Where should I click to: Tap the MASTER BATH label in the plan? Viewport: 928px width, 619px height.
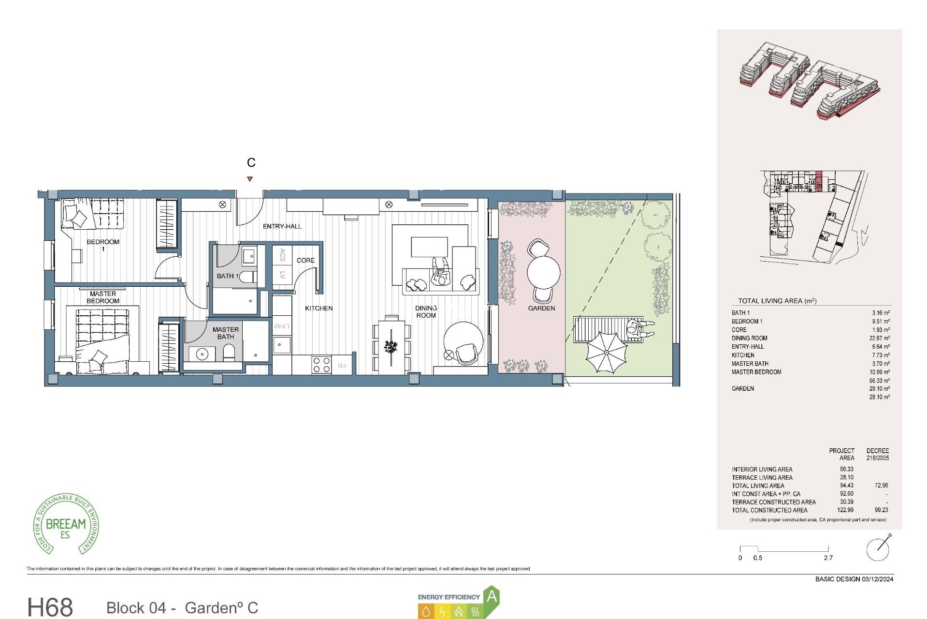[225, 333]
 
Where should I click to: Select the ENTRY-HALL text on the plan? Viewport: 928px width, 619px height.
[282, 226]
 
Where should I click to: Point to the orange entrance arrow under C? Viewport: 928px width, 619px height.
[250, 179]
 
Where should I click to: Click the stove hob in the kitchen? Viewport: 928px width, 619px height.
[321, 365]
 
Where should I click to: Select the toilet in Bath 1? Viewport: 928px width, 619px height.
[247, 277]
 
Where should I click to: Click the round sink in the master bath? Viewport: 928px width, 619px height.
[202, 354]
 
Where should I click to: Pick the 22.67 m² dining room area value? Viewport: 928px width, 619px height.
[879, 338]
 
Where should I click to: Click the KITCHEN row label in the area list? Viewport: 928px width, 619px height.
[743, 355]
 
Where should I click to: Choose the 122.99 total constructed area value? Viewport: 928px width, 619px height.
[845, 510]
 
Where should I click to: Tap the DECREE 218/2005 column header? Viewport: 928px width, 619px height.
[877, 454]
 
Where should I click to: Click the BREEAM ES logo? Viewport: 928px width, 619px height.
[66, 525]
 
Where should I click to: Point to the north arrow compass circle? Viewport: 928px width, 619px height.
[877, 549]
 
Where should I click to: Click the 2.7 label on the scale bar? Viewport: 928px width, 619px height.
[828, 558]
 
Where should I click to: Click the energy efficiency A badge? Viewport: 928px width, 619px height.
[492, 596]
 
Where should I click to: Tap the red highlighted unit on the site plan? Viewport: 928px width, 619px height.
[819, 181]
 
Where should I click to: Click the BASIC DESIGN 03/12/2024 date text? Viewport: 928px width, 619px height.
[854, 579]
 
